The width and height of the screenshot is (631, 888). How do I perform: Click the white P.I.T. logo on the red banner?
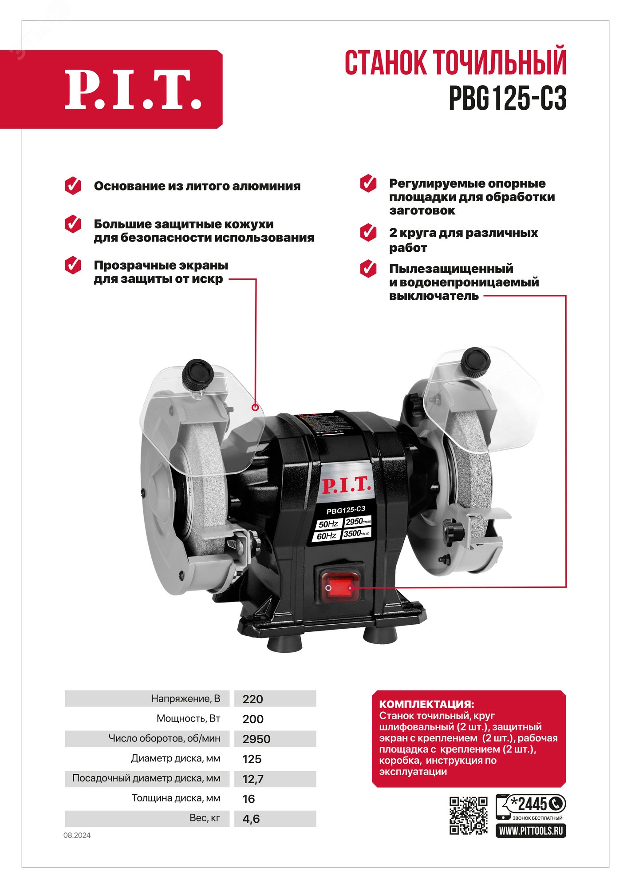(x=133, y=90)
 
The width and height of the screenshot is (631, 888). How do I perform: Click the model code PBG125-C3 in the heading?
(x=508, y=98)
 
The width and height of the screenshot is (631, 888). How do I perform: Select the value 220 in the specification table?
(x=253, y=699)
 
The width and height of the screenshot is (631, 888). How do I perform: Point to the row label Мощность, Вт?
(x=188, y=719)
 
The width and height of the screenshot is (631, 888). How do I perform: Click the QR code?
(x=468, y=816)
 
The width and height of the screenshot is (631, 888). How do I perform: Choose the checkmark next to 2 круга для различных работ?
(x=368, y=233)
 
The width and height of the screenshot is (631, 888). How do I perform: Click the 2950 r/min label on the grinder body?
(x=358, y=521)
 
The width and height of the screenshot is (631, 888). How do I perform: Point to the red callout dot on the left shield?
(x=255, y=407)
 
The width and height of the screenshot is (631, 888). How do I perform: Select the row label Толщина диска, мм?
(x=176, y=798)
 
